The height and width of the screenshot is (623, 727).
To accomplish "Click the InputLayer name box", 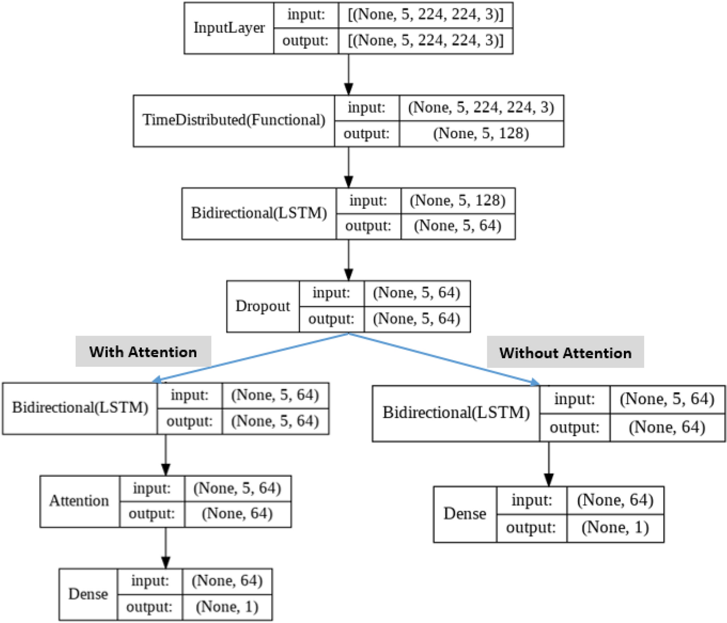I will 229,28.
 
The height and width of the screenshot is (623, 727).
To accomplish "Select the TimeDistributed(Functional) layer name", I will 234,120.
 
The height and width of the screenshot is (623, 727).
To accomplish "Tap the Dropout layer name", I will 263,306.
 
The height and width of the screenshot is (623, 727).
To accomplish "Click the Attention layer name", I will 79,501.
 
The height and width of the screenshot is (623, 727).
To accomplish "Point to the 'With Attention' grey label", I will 143,351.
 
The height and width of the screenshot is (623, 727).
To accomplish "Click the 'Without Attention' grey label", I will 565,352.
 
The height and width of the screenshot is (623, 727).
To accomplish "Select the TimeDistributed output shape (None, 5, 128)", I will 481,133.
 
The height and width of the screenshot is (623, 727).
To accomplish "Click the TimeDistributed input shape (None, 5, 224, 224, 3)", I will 481,107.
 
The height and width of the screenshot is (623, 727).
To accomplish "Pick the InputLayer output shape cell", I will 425,41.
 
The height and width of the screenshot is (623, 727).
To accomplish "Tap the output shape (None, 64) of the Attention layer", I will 237,514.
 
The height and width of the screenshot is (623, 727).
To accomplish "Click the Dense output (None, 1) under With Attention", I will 227,607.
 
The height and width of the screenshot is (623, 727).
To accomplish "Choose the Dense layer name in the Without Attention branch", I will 465,514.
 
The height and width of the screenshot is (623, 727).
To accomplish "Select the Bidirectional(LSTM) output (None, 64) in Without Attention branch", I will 666,427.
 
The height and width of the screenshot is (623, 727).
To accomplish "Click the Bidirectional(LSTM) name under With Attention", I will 80,408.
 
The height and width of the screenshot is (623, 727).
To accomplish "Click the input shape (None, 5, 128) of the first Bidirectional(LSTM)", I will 457,200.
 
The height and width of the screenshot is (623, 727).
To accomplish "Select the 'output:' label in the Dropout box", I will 331,319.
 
